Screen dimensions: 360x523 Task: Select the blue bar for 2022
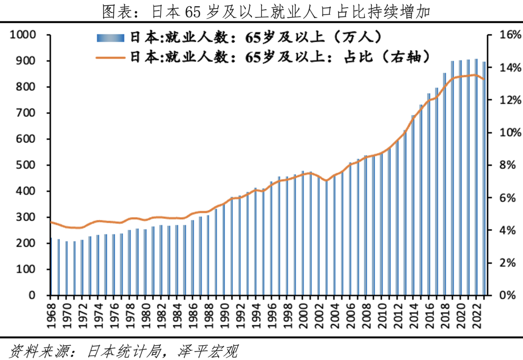click(477, 177)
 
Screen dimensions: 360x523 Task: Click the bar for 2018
click(445, 184)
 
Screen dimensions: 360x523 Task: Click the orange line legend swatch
click(111, 57)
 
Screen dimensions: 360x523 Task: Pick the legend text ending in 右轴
click(280, 57)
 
